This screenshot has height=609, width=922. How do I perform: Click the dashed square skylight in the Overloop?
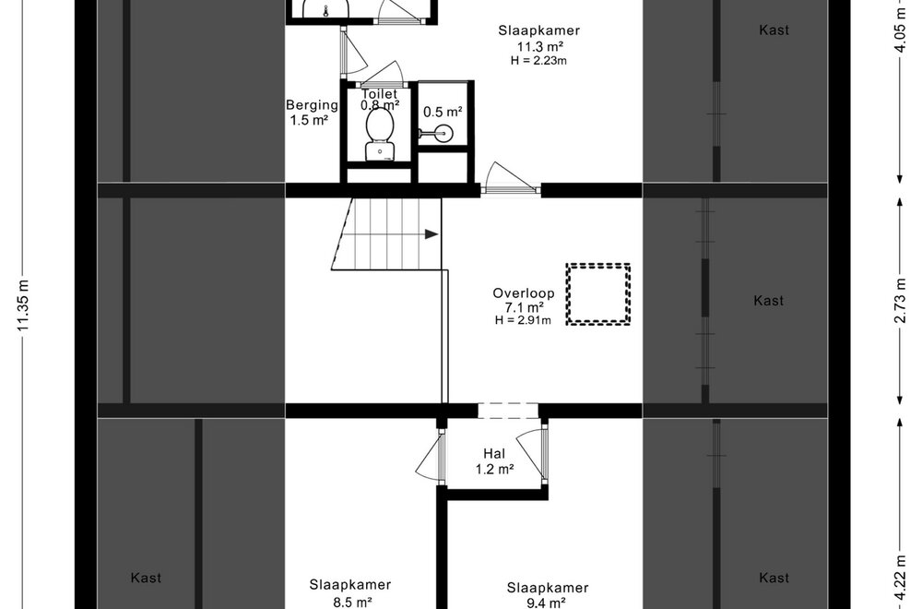point(598,293)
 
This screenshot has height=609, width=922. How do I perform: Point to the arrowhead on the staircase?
point(431,234)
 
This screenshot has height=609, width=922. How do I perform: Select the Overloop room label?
point(523,293)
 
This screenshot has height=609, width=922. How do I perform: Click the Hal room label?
point(494,454)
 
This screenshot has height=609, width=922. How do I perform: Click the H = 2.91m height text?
point(523,320)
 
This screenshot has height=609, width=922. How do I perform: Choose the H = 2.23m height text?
point(538,60)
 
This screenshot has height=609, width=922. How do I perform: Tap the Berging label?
point(312,105)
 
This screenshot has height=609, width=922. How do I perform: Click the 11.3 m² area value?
point(539,46)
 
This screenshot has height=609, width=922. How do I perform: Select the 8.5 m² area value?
point(350,603)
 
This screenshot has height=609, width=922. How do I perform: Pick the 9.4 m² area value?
point(547,603)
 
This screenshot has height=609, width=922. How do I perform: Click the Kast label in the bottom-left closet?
point(146,578)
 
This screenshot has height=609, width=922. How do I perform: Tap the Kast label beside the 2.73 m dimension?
point(768,300)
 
